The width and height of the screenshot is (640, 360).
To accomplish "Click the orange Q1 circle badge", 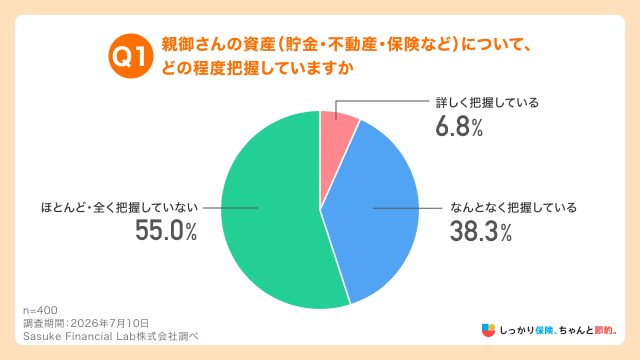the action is tap(131, 56).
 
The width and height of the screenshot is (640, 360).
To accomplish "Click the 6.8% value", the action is tap(459, 127).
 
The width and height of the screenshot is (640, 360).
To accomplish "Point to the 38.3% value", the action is tap(481, 231).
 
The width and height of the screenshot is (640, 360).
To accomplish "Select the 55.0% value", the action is tap(166, 231).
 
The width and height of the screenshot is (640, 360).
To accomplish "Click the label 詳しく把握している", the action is tap(487, 102).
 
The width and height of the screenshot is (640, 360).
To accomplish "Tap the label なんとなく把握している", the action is tap(513, 208).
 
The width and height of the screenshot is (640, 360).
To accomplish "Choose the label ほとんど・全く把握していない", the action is tap(119, 208).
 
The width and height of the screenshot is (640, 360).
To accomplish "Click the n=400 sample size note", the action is tap(40, 310).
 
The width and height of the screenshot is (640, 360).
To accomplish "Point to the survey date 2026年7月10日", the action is tap(110, 323).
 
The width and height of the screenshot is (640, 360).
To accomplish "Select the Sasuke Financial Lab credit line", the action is tap(111, 336).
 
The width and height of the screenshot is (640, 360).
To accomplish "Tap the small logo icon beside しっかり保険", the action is tap(488, 330).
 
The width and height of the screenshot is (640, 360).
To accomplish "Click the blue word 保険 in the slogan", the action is tap(544, 330).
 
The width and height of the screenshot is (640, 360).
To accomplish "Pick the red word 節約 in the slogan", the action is tap(604, 330).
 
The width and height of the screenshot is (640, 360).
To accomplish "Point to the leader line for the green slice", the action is tap(230, 208).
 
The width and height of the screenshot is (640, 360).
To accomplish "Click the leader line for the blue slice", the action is tap(407, 208).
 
